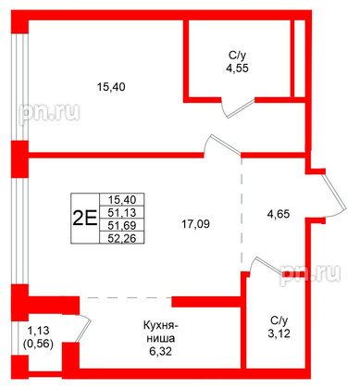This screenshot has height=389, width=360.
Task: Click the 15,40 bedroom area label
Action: point(111,87)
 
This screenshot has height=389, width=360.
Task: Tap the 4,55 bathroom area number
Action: point(237,68)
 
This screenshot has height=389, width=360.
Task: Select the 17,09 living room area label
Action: point(195,224)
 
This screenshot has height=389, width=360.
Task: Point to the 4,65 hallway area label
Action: point(278,214)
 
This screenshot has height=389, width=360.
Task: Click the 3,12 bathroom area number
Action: point(279,333)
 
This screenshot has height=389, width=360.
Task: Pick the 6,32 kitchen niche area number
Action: point(160,351)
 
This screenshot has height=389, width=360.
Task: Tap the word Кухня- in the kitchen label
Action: point(160,325)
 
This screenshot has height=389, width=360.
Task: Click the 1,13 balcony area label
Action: point(38,331)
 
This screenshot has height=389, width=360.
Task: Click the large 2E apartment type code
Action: point(84,219)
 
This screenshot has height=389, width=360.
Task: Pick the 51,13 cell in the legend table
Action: point(122,212)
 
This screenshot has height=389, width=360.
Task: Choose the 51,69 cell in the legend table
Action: point(122,225)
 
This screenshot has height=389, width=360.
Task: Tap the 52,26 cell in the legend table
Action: point(122,238)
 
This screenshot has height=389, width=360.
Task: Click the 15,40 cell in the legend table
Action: point(122,200)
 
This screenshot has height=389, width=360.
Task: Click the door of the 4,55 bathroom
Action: point(242,108)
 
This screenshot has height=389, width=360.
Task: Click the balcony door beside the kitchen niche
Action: point(83,331)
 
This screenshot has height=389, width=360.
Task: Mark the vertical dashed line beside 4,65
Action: point(242,212)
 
